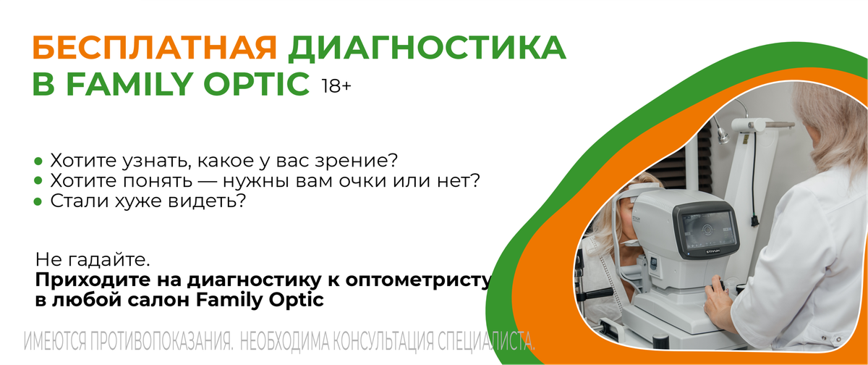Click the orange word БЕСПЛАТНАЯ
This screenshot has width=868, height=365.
(x=155, y=48)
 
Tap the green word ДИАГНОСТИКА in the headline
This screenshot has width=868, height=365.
(x=427, y=49)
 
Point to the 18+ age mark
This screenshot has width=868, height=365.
(x=336, y=86)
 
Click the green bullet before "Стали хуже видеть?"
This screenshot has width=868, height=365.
(x=38, y=201)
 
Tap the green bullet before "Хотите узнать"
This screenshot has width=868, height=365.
(x=38, y=161)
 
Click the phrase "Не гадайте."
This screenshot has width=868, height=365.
(x=93, y=259)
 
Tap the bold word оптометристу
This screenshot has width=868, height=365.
(x=419, y=280)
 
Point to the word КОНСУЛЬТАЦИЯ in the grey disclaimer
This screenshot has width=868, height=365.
(x=383, y=341)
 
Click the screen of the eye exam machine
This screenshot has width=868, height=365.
(x=707, y=230)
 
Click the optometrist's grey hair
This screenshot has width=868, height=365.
(x=833, y=124)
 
